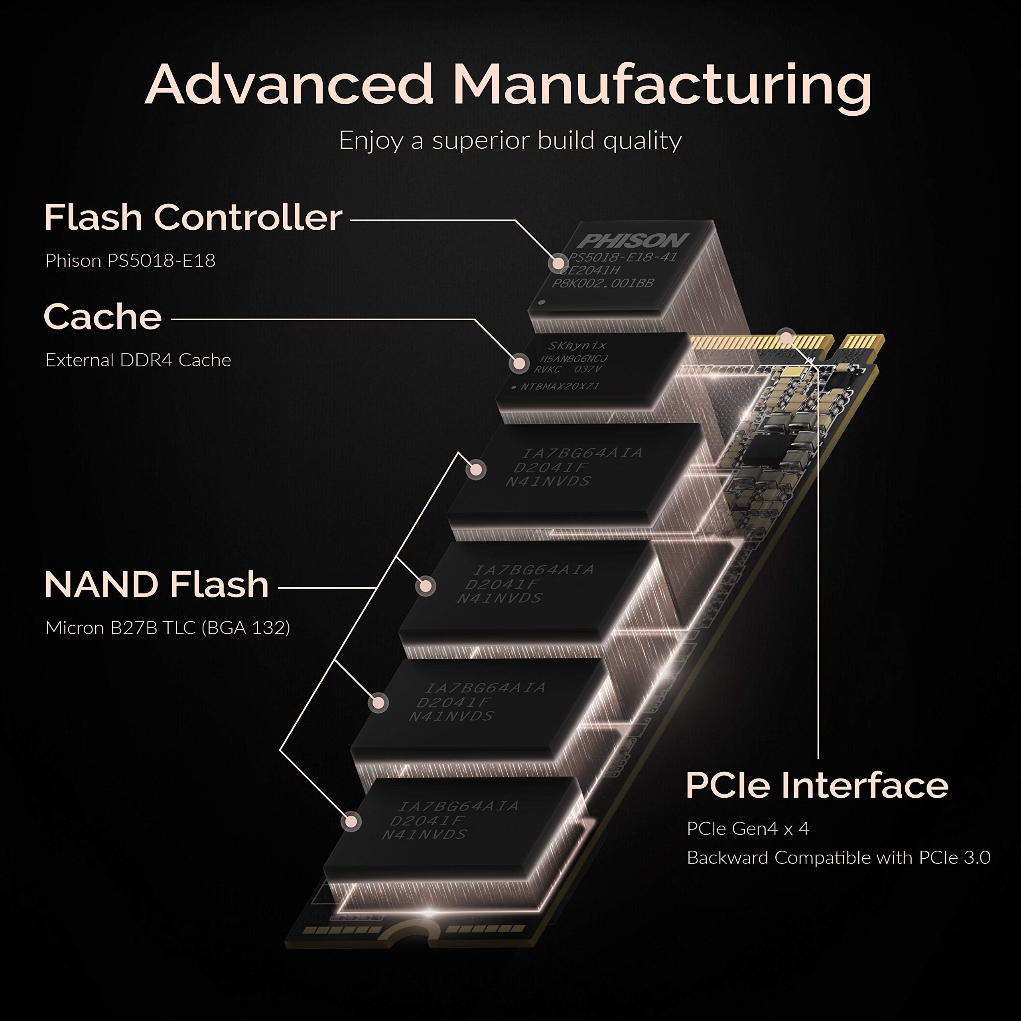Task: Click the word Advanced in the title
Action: point(289,85)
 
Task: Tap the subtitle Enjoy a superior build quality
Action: point(510,140)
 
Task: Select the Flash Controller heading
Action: point(193,217)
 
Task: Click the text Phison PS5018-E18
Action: point(130,260)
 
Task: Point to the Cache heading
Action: point(102,317)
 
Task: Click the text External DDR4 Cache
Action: point(138,360)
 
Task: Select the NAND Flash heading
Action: point(156,585)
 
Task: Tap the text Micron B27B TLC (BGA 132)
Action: point(168,628)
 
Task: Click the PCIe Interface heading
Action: point(816,785)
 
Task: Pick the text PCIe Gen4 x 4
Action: point(747,829)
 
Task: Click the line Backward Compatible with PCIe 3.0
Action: point(838,858)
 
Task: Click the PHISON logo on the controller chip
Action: point(632,241)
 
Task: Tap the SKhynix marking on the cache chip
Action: point(577,346)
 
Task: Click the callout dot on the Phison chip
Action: point(557,263)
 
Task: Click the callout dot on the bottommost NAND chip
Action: point(351,821)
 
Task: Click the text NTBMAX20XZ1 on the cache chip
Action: point(559,387)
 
